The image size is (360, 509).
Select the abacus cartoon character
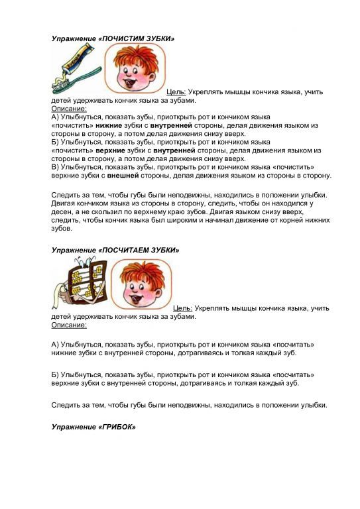tap(79, 281)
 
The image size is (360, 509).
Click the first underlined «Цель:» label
tap(176, 92)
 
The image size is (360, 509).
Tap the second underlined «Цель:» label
tap(183, 308)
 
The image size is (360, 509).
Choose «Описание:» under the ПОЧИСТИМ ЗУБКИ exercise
tap(69, 108)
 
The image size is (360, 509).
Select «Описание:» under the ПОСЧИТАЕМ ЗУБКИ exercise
tap(69, 325)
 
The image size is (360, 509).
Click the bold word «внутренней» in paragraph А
tap(172, 125)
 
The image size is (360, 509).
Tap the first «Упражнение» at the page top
tap(74, 38)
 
